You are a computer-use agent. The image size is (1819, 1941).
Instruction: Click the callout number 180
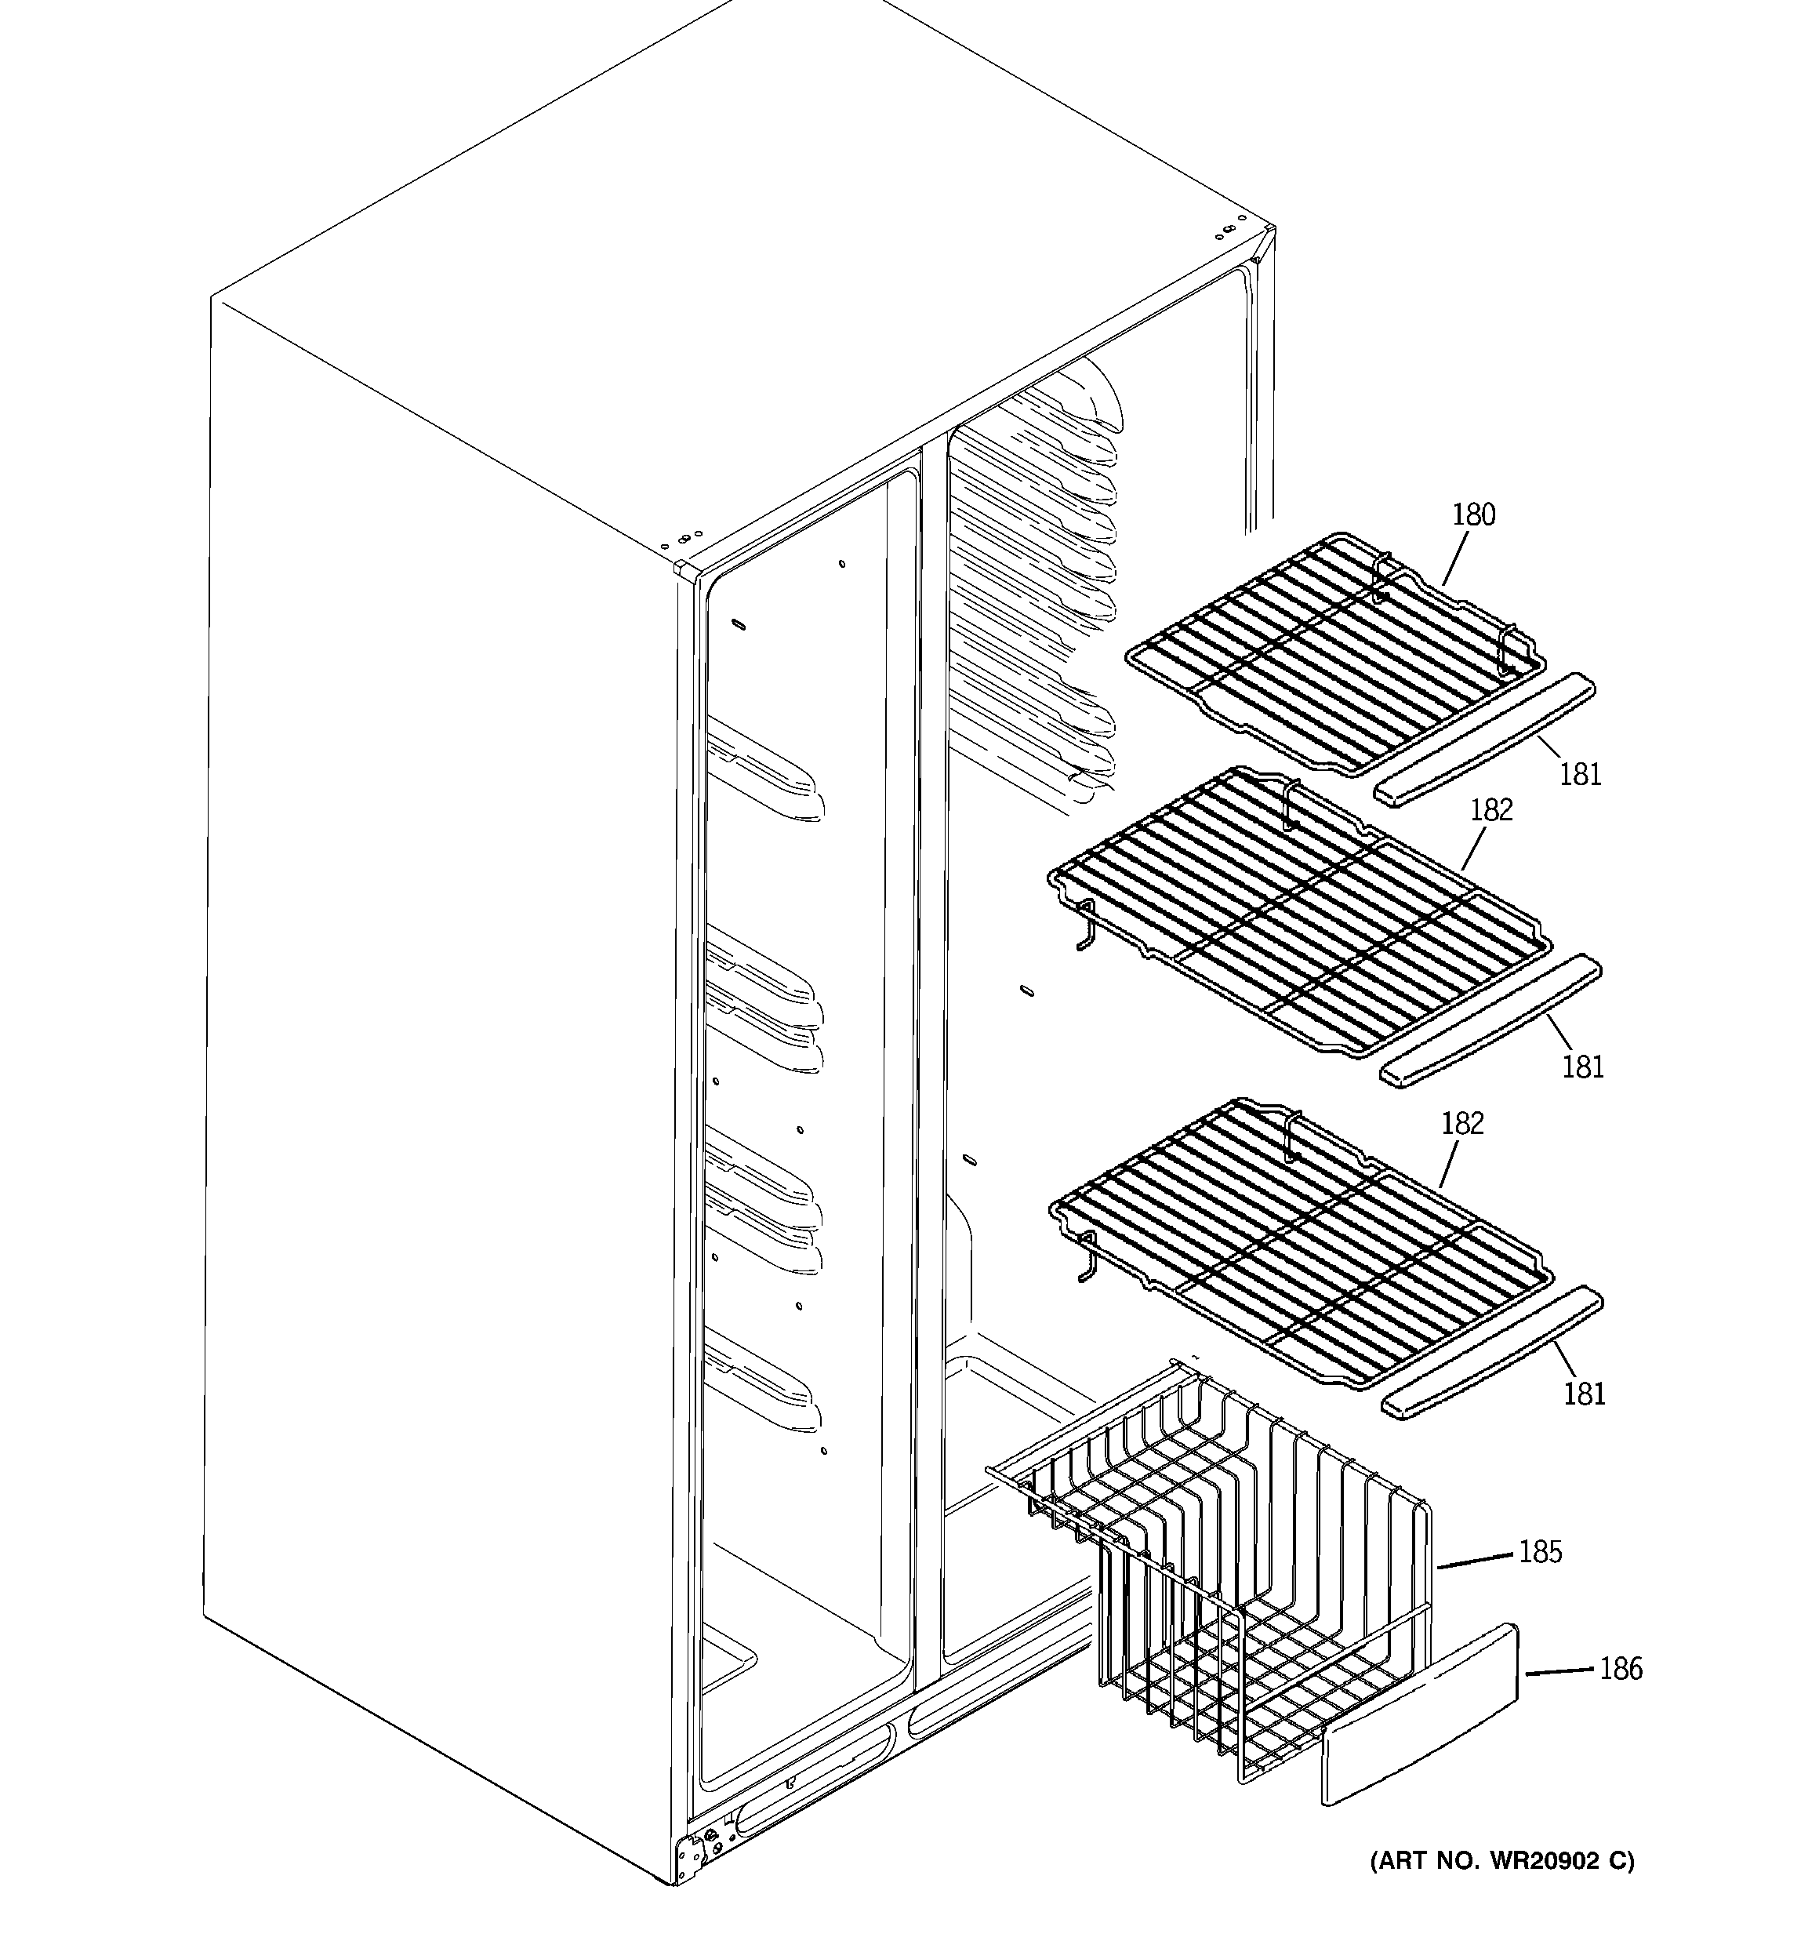click(1473, 514)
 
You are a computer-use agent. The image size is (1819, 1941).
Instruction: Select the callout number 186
click(1621, 1669)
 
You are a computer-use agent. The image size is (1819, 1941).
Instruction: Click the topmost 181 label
click(1580, 774)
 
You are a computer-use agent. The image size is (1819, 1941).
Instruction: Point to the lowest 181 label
click(1584, 1394)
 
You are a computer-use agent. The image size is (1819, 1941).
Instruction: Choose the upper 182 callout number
click(1491, 809)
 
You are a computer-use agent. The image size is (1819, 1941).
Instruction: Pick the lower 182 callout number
click(1462, 1124)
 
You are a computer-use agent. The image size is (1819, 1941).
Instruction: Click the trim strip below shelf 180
click(1484, 739)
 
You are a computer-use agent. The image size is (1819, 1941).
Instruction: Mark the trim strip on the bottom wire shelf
click(1492, 1352)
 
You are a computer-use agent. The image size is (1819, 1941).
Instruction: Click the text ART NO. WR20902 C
click(1501, 1861)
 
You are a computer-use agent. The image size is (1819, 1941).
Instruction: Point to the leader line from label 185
click(1474, 1560)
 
